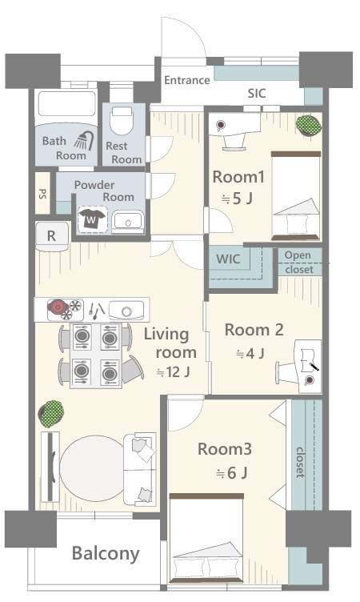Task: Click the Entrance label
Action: coord(187,80)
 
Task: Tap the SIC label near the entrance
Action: coord(256,93)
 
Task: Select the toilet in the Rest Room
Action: coord(122,120)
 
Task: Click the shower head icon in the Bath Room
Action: coord(85,141)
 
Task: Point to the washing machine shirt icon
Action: coord(91,219)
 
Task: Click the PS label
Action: coord(42,193)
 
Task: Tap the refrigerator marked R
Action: coord(52,236)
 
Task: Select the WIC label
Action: coord(228,259)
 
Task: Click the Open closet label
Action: coord(299,263)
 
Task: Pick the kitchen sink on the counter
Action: coord(126,311)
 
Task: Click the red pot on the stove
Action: coord(57,306)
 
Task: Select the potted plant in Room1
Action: coord(308,125)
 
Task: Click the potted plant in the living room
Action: coord(51,414)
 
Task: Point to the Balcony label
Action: coord(106,554)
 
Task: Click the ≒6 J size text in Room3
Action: coord(231,473)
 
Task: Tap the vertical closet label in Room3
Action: coord(300,463)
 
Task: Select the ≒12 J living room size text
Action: coord(173,371)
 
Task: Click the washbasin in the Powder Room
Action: coord(128,222)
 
